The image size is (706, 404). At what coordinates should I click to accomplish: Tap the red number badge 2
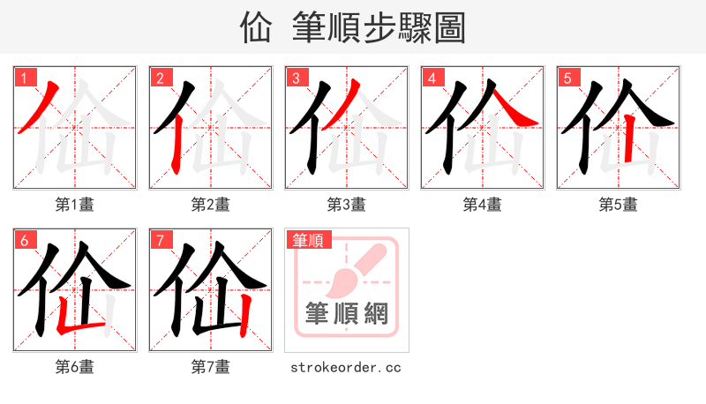(160, 77)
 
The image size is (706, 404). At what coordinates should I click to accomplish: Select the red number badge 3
(296, 77)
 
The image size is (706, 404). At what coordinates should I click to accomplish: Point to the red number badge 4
(432, 77)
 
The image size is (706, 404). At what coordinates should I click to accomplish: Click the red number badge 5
(567, 77)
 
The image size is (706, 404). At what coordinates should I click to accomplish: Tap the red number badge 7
(160, 239)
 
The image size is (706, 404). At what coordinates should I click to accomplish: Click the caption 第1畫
(75, 205)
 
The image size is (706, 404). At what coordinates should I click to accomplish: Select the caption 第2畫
(211, 205)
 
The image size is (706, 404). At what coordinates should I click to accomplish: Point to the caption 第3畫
(347, 205)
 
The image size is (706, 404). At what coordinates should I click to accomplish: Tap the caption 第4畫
(483, 205)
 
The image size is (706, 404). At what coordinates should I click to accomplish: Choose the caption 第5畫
(619, 205)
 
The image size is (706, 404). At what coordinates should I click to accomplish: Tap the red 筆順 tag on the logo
(308, 239)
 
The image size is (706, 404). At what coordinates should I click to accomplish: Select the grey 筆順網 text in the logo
(347, 313)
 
